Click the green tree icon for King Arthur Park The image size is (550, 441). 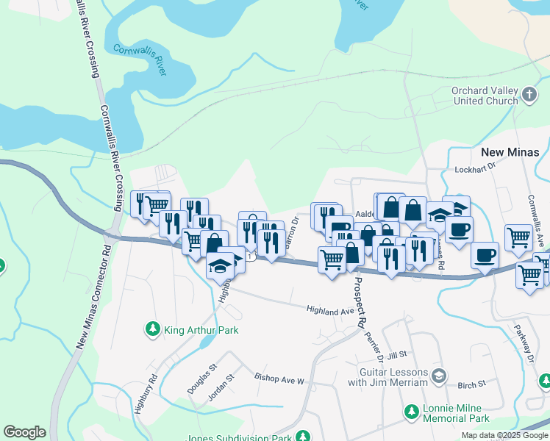click(152, 330)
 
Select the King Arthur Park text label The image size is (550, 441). click(201, 331)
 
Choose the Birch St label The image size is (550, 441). click(472, 384)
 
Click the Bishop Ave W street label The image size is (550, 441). click(279, 380)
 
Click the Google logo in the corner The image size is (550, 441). click(24, 432)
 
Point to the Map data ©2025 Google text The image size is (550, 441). click(504, 435)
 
